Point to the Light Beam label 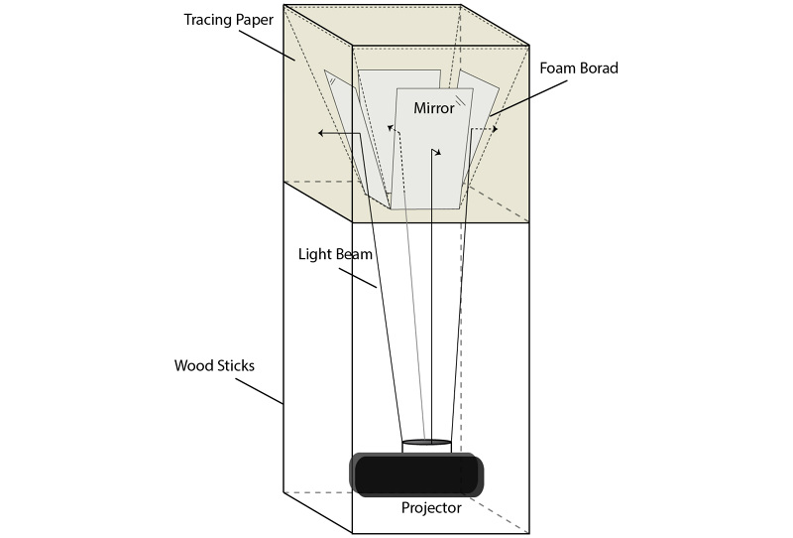point(335,254)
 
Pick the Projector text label point(431,508)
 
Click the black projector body point(416,475)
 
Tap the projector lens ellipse point(427,442)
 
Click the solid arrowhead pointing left point(321,132)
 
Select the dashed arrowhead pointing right point(493,129)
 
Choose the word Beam point(353,254)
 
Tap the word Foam point(557,69)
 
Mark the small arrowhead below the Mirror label point(436,153)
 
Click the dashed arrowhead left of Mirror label point(391,129)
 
